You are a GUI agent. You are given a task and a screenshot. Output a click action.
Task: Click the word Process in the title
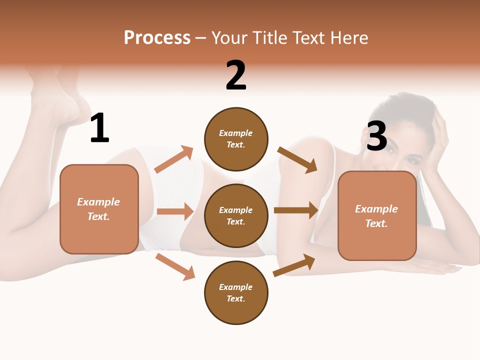[157, 37]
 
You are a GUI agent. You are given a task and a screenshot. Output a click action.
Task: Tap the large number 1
[99, 128]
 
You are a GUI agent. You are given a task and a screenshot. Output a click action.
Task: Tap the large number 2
[236, 75]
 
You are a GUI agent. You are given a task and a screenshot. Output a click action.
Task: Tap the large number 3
[376, 136]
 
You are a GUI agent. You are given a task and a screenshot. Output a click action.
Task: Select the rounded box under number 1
[99, 209]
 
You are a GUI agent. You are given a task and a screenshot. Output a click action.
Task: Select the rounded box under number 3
[377, 215]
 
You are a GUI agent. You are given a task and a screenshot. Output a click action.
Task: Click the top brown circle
[236, 138]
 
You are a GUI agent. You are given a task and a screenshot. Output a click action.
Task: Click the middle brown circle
[236, 215]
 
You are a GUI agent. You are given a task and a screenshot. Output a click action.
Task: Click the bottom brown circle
[236, 292]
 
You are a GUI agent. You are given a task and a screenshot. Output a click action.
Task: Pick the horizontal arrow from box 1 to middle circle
[175, 211]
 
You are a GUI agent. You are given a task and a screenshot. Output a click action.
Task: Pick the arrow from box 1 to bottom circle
[175, 266]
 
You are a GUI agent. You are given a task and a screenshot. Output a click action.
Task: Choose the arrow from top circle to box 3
[297, 159]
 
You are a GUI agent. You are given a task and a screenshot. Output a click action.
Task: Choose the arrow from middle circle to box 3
[296, 210]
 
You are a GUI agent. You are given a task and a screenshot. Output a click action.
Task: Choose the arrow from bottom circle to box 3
[294, 265]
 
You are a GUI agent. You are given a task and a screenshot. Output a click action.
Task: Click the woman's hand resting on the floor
[440, 267]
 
